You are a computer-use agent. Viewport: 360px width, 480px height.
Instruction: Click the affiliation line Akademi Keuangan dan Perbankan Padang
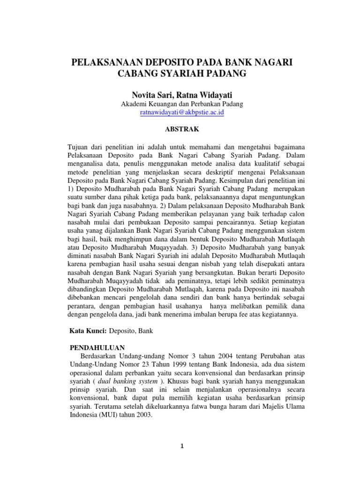point(182,104)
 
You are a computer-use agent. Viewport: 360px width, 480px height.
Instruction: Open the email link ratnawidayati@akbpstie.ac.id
point(182,113)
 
